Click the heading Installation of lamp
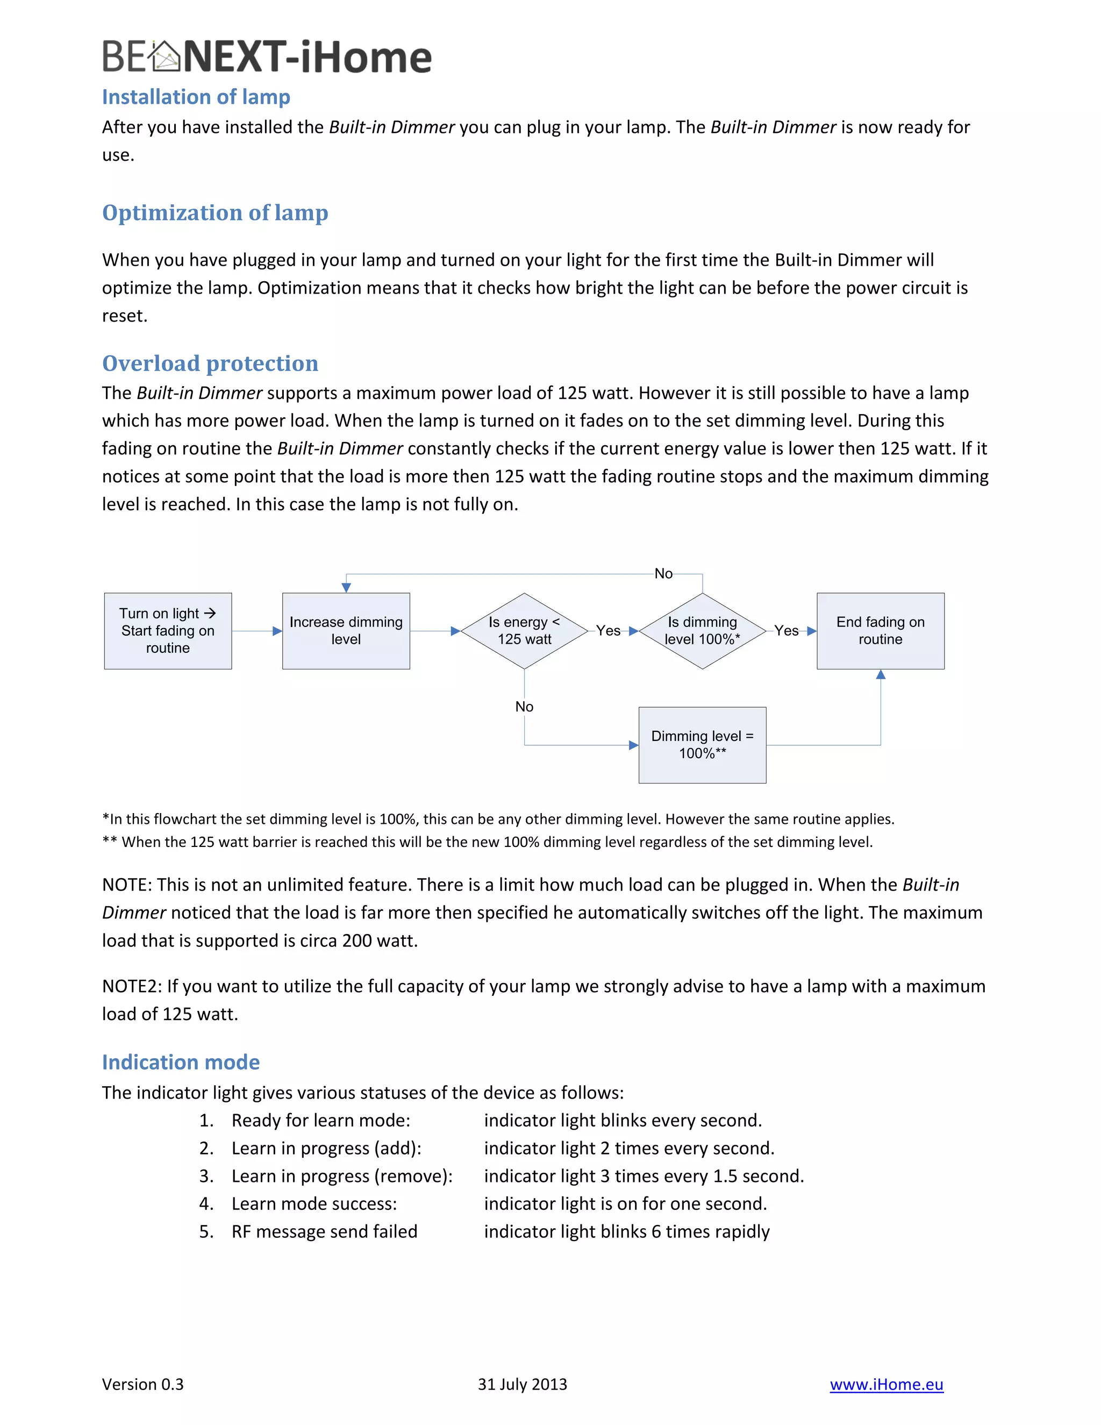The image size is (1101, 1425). [196, 97]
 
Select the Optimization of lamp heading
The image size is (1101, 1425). [215, 213]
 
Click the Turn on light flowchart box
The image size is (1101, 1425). [168, 630]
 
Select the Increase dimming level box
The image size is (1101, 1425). [346, 630]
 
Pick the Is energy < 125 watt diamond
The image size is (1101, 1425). [524, 630]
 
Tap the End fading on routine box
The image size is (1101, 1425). [880, 630]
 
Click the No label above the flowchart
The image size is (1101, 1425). [663, 574]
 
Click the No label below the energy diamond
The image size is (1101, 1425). [524, 707]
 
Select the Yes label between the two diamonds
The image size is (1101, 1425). [608, 630]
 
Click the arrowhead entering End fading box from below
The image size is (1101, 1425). [881, 675]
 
